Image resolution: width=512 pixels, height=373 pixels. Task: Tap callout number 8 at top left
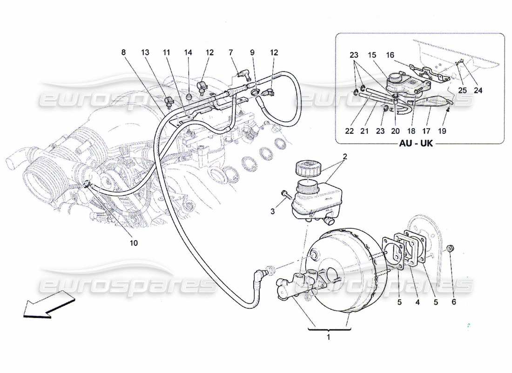point(123,53)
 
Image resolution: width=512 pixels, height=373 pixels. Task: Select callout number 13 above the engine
point(146,53)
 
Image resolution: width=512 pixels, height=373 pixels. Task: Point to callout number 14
point(188,53)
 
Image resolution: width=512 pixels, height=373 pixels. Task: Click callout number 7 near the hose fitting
point(231,53)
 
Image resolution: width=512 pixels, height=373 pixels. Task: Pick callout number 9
point(252,53)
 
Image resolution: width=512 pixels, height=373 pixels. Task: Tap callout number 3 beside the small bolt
point(273,212)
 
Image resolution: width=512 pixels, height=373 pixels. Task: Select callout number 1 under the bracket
point(329,337)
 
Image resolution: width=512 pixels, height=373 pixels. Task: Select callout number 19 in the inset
point(442,131)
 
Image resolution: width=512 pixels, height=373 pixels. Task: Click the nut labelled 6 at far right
point(451,247)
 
